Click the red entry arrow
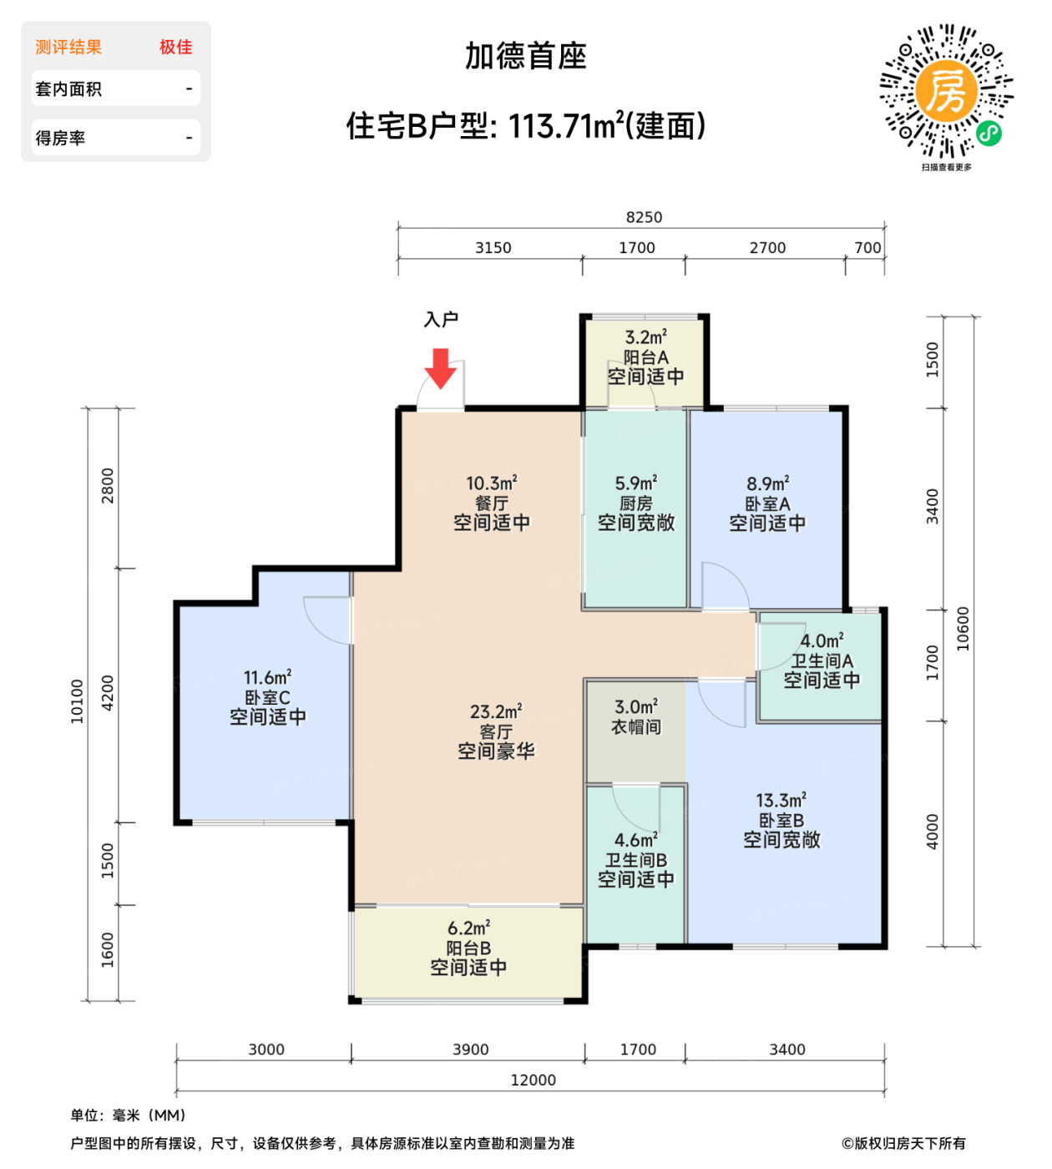[x=440, y=367]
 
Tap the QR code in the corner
[x=946, y=92]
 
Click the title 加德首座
[x=526, y=56]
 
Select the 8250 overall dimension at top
[x=644, y=217]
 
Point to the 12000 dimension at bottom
[x=533, y=1080]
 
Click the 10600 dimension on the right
[x=963, y=628]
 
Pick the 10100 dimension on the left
[x=77, y=701]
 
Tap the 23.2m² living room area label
[x=496, y=711]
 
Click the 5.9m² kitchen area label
[x=635, y=483]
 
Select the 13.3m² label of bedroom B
[x=781, y=800]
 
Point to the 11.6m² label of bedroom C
[x=267, y=677]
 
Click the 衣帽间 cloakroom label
[x=635, y=727]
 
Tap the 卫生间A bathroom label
[x=822, y=660]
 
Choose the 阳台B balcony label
[x=468, y=948]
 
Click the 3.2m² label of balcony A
[x=645, y=337]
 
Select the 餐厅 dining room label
[x=491, y=504]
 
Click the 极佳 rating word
[x=175, y=47]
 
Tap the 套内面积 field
[x=68, y=89]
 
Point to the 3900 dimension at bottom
[x=470, y=1050]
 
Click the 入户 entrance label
[x=441, y=319]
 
